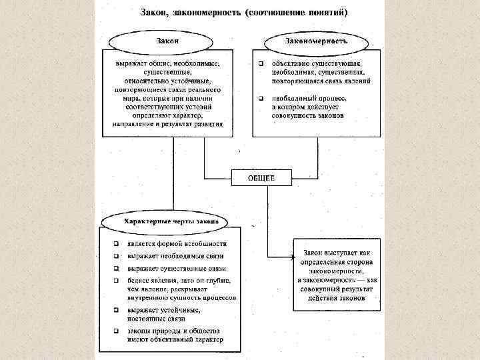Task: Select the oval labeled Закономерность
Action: (x=316, y=41)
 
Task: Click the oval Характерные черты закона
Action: (x=167, y=221)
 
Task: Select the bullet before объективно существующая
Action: (x=261, y=63)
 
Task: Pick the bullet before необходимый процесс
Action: (x=261, y=98)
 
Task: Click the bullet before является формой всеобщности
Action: (x=116, y=244)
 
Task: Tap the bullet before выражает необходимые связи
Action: (x=116, y=256)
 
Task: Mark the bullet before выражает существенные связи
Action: (x=116, y=268)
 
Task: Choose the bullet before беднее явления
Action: (x=116, y=280)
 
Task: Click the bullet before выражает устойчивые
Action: (x=116, y=310)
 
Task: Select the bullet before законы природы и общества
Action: (x=116, y=331)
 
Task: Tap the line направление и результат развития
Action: (x=168, y=124)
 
